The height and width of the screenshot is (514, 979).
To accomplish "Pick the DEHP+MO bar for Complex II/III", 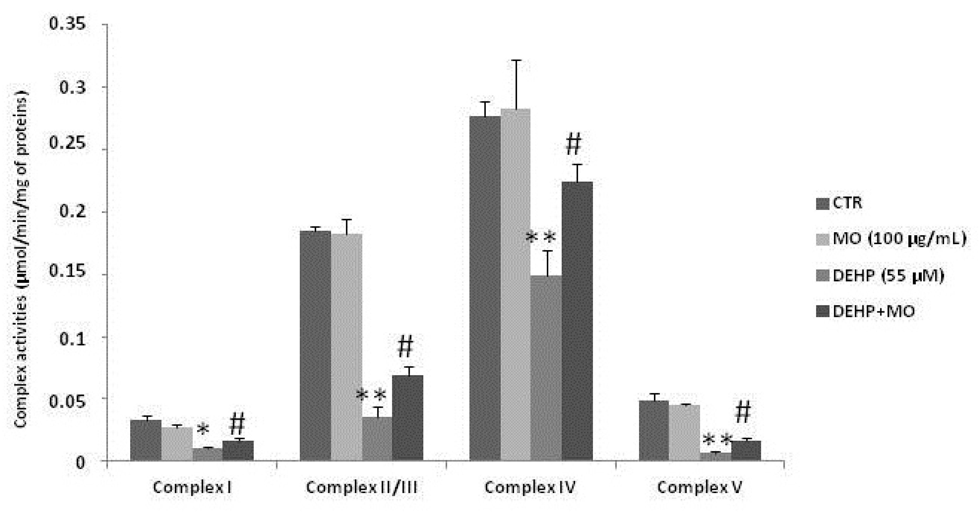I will pyautogui.click(x=408, y=418).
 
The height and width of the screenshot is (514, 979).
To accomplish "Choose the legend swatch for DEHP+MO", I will pyautogui.click(x=822, y=311).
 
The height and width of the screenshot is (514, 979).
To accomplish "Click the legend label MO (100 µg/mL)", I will pyautogui.click(x=899, y=239).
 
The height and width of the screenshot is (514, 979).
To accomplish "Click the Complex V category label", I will pyautogui.click(x=699, y=487).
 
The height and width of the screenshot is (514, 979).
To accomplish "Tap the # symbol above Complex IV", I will pyautogui.click(x=573, y=144).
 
